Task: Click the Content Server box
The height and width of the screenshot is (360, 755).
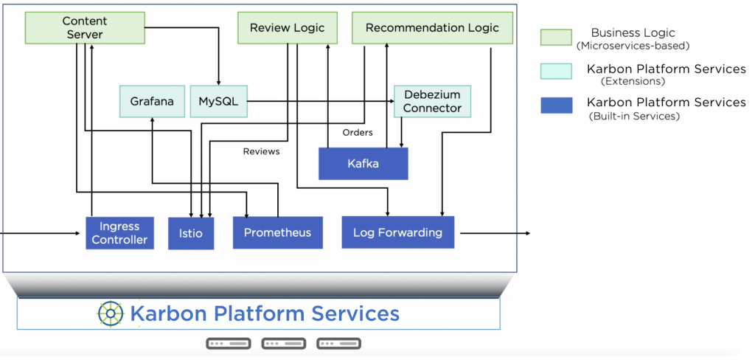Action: coord(83,28)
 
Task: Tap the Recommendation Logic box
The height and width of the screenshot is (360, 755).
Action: coord(432,28)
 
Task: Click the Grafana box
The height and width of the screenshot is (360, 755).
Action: coord(152,102)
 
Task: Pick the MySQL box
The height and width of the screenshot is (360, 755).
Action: coord(218,102)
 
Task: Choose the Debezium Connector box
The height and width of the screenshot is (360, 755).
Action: coord(432,102)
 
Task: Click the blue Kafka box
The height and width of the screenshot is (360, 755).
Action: coord(363,164)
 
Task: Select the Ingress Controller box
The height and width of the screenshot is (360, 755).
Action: coord(119,233)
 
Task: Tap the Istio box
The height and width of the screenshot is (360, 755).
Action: coord(191,234)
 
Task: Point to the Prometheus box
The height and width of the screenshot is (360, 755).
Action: coord(277,232)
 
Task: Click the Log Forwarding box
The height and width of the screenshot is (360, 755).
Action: coord(397,232)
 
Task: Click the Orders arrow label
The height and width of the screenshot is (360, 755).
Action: coord(358,133)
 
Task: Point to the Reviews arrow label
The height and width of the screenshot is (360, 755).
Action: coord(262,151)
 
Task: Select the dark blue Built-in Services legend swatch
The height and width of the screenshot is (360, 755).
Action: coord(557,105)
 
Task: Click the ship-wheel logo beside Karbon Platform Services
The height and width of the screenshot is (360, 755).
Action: coord(111,314)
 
